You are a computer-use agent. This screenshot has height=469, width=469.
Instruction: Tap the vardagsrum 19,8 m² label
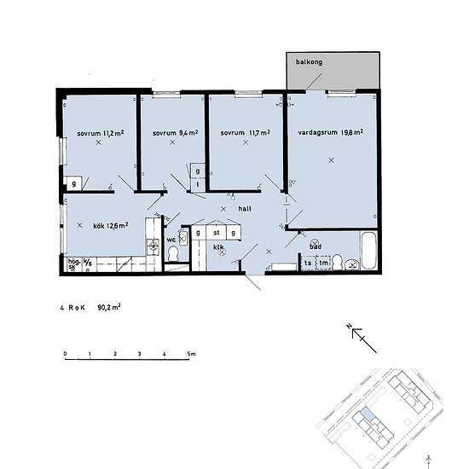coord(331,133)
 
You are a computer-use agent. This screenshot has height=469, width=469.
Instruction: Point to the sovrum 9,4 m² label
coord(175,134)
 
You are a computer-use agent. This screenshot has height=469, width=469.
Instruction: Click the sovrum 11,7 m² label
coord(244,134)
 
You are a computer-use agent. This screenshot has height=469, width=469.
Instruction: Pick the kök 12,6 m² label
coord(110,226)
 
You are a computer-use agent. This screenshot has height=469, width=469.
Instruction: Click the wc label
coord(171,240)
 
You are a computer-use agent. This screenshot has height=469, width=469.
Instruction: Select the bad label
coord(315,246)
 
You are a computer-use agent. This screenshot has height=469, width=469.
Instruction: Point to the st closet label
coord(217,231)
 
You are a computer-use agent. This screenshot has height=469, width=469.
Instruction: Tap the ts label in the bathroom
coord(308,263)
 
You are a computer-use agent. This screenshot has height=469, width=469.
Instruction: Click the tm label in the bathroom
coord(324,263)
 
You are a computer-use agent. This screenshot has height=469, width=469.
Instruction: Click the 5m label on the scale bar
coord(191,353)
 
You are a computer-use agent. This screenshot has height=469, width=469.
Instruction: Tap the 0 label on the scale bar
coord(65,353)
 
